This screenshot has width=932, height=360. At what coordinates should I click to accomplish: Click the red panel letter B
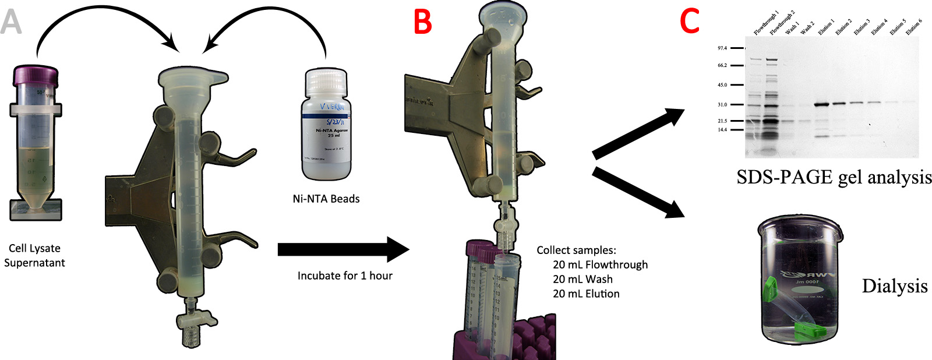click(422, 22)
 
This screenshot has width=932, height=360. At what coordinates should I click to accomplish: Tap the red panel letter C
click(690, 22)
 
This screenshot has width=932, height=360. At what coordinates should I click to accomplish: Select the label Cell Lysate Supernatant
click(34, 256)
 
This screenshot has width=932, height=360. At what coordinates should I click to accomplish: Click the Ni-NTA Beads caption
click(326, 199)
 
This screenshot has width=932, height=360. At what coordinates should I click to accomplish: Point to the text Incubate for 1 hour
click(345, 276)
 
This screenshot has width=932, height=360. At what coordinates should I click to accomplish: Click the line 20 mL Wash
click(582, 279)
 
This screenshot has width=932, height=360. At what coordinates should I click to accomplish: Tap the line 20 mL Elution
click(586, 294)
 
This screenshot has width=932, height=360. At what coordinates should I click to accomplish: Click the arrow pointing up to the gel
click(638, 133)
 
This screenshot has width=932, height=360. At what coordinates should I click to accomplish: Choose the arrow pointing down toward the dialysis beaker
click(638, 192)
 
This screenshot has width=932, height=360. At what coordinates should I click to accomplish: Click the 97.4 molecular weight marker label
click(722, 48)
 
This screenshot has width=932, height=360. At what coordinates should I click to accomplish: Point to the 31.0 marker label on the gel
click(722, 105)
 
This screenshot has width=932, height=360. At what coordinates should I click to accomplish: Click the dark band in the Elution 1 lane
click(822, 105)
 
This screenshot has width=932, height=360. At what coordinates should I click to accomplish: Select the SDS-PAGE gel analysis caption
click(834, 177)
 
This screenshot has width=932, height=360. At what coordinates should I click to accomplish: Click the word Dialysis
click(894, 286)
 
